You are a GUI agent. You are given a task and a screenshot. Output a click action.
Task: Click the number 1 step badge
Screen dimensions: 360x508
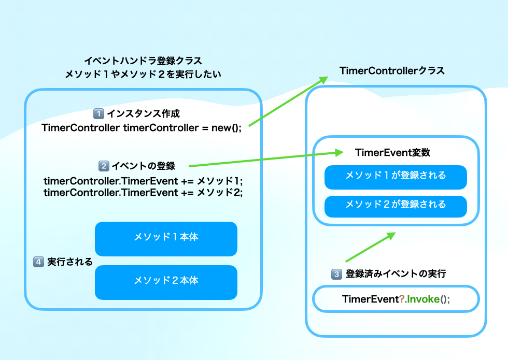(x=98, y=113)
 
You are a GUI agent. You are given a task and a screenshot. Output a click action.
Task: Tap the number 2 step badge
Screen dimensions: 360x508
(x=104, y=166)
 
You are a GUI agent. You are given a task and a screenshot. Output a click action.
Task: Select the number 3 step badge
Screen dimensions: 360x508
(x=337, y=274)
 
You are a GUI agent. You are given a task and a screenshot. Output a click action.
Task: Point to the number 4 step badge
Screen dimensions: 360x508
(x=38, y=262)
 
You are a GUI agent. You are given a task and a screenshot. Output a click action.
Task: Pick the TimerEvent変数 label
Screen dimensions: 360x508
(x=393, y=153)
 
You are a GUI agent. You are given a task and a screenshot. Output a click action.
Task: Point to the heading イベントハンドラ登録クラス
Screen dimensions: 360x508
(x=143, y=61)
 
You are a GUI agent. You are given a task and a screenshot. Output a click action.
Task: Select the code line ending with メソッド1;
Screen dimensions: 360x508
(x=143, y=181)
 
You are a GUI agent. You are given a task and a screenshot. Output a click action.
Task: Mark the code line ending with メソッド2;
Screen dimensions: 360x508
(x=143, y=192)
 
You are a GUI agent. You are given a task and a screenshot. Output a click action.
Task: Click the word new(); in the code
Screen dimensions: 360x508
(x=227, y=128)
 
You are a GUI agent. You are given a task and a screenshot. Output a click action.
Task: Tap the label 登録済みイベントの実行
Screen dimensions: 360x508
(x=396, y=274)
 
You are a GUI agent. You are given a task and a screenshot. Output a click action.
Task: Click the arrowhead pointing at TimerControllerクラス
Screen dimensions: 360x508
(x=323, y=79)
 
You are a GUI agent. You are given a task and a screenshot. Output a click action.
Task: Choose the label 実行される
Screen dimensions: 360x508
(x=70, y=262)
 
